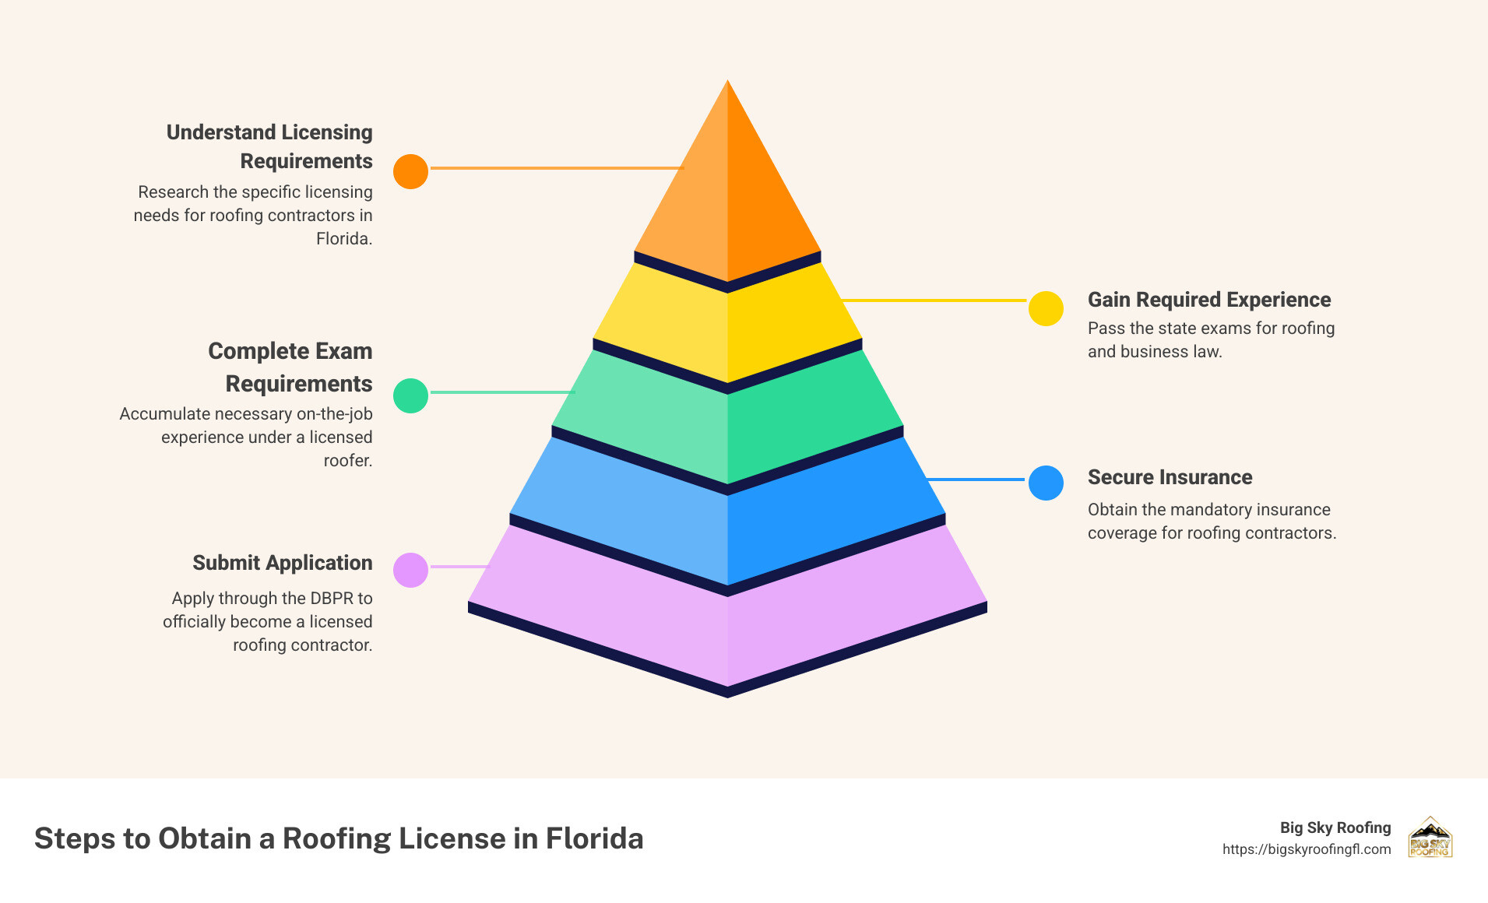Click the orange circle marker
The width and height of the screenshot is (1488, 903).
point(410,171)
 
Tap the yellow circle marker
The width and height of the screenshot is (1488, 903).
point(1046,308)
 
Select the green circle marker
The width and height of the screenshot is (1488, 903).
point(410,395)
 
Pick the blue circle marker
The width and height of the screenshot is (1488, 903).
point(1046,483)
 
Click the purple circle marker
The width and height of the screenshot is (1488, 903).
point(410,570)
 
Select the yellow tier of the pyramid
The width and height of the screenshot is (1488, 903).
point(727,327)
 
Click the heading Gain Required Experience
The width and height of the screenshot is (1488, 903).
point(1208,300)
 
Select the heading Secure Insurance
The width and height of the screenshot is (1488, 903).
point(1170,477)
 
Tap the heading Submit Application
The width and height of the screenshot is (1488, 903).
point(282,563)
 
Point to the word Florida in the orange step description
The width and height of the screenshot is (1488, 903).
point(343,239)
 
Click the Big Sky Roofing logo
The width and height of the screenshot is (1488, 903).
point(1430,838)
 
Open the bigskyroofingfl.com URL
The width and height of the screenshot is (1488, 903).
point(1306,849)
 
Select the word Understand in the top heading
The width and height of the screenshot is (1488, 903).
point(210,132)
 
